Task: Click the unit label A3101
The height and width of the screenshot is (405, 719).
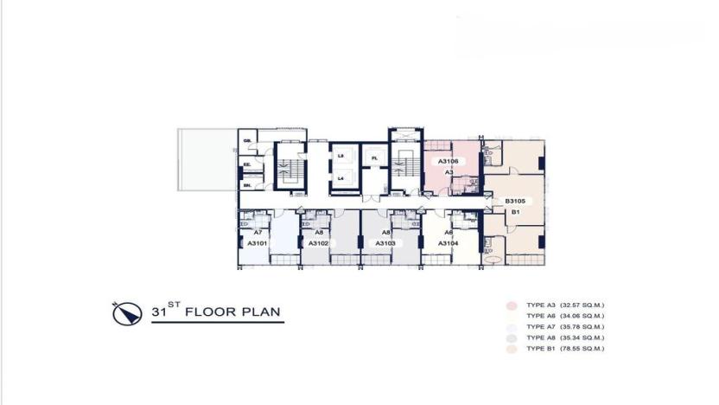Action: pos(257,244)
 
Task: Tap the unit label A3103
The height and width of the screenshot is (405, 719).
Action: pos(385,244)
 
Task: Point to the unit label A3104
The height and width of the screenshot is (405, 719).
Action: pos(448,244)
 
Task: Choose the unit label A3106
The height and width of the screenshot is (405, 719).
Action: pos(448,161)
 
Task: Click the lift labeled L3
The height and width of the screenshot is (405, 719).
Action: pos(341,156)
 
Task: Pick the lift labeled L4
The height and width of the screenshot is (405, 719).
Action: pos(341,178)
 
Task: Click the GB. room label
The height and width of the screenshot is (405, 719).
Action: pos(246,141)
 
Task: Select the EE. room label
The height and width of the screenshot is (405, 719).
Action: pos(246,164)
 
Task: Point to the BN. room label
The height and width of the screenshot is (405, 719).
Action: pos(246,184)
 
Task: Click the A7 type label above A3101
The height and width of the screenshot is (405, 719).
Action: pos(258,233)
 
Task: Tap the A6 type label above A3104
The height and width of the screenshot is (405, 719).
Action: pos(449,233)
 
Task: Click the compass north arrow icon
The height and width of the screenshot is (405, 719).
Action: pos(125,312)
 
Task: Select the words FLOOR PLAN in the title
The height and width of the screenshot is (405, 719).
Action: pos(234,312)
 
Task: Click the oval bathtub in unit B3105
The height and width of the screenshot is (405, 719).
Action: pos(493,259)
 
